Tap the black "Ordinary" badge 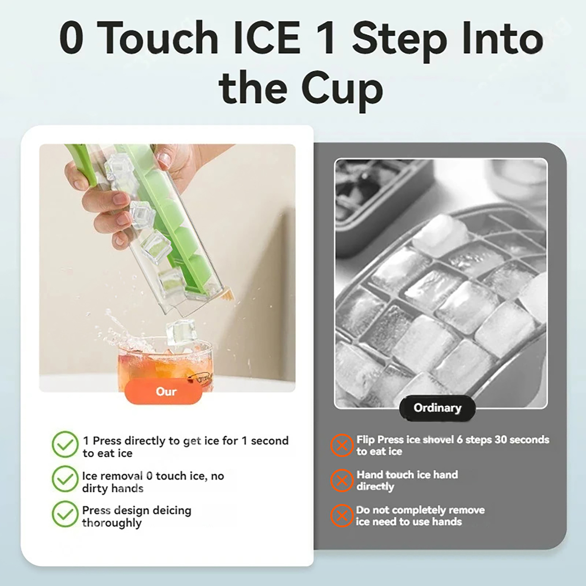(437, 408)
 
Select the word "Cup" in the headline (342, 90)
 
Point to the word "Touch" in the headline (157, 38)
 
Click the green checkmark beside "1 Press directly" (65, 444)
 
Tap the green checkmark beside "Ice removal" (65, 479)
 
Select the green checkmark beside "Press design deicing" (65, 513)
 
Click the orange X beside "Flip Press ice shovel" (342, 445)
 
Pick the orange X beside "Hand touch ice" (342, 480)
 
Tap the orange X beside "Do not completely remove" (342, 515)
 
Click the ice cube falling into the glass (180, 333)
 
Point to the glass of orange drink (165, 366)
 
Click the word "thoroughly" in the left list (112, 523)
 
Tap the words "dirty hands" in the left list (112, 488)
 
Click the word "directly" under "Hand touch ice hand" (375, 487)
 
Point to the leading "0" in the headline (71, 38)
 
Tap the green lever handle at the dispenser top (82, 165)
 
